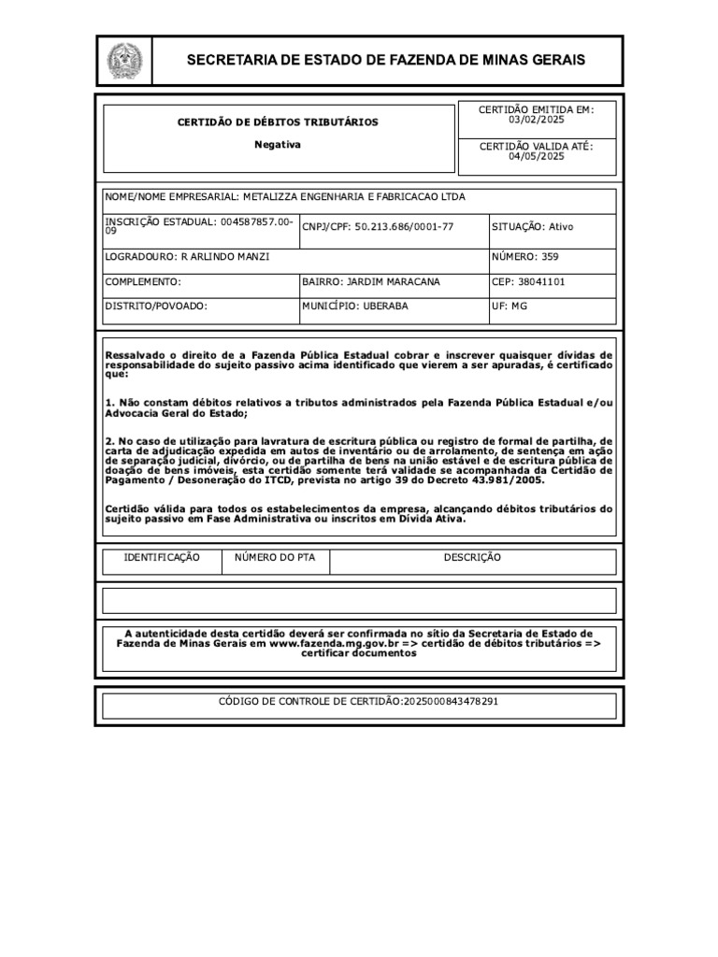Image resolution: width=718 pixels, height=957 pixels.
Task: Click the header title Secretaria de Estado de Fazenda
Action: [386, 60]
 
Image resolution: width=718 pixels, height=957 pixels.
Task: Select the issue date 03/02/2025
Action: [537, 120]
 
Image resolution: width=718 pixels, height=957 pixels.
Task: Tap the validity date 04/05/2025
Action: [537, 157]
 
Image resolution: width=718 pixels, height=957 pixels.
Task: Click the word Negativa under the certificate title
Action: [279, 145]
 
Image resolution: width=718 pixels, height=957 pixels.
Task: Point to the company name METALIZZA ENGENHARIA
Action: [353, 197]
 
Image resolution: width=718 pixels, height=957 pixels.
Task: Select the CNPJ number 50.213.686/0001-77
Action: [404, 227]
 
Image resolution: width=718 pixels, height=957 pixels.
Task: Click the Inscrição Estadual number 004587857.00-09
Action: [252, 222]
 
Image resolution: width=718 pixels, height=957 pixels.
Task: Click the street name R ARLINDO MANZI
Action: [224, 257]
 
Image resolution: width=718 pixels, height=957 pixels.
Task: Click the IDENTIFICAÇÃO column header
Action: [162, 558]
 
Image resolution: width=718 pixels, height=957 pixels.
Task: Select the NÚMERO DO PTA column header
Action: [275, 558]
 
